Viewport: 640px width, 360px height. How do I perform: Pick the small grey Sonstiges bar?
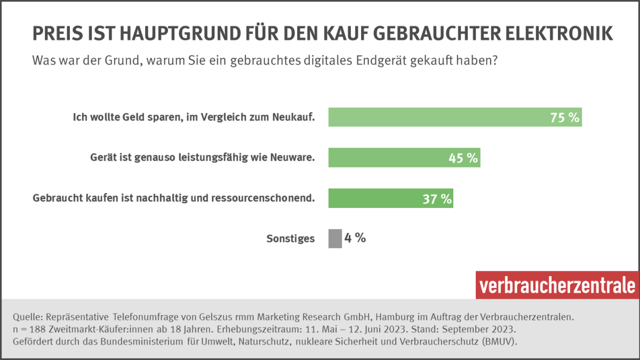pos(335,238)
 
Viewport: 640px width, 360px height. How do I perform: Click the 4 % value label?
pos(355,238)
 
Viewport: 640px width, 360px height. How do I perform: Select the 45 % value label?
pos(463,158)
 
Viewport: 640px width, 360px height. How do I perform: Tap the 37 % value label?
pos(437,199)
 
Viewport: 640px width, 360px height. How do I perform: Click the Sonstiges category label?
pos(290,239)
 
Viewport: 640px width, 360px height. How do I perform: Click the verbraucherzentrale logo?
pos(557,285)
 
